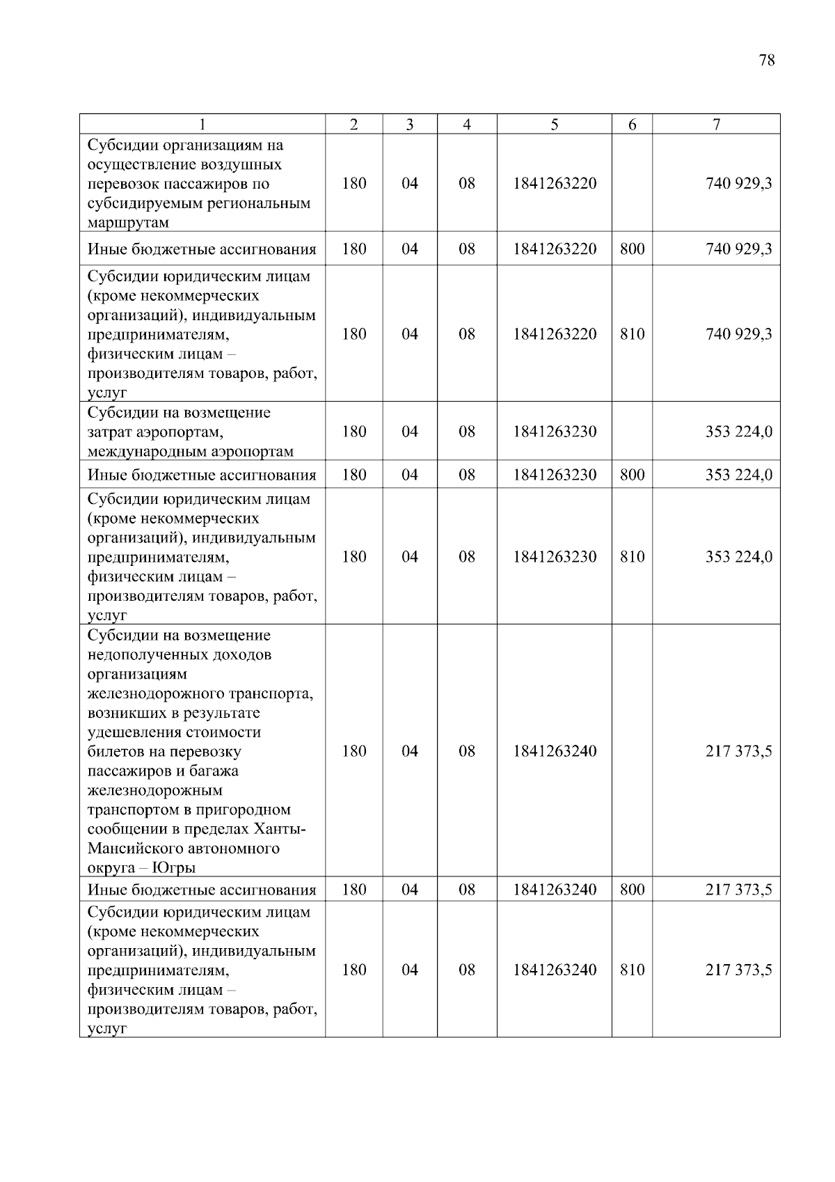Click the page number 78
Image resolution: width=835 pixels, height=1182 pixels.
(767, 61)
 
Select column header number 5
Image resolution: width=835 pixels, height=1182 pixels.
(555, 125)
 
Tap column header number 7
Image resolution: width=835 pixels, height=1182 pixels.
(716, 125)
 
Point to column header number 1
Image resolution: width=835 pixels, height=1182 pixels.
(202, 125)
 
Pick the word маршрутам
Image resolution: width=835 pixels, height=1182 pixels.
(128, 223)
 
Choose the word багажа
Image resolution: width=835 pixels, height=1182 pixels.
(212, 771)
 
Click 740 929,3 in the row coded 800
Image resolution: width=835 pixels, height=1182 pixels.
(738, 249)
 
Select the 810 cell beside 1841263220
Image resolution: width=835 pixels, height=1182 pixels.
(632, 334)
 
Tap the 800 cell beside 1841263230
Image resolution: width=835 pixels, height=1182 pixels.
(632, 475)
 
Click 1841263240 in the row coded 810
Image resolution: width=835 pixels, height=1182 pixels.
(555, 970)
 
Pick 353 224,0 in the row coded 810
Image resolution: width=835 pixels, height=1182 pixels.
(738, 557)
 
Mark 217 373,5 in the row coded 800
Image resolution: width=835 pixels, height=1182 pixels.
(738, 890)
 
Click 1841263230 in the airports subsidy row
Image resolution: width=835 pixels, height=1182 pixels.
(555, 432)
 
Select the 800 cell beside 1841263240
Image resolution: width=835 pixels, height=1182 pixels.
(632, 890)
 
